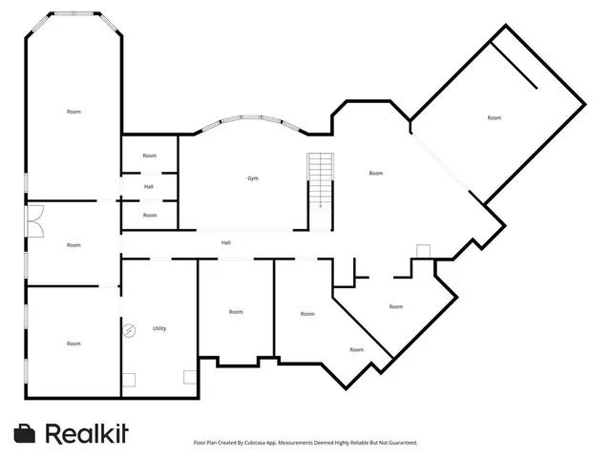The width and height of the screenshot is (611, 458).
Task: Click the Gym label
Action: coord(253,178)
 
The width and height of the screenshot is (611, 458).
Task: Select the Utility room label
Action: coord(159,328)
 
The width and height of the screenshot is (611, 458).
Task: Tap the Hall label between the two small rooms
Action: coord(149,186)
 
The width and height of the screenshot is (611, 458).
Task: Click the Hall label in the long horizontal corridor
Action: coord(225,242)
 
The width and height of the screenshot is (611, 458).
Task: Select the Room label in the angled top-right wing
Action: coord(494,117)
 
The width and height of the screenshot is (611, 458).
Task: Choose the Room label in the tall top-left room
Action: coord(74,112)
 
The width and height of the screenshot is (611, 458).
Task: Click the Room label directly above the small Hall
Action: coord(150,156)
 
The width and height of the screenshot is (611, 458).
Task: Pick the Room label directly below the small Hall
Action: coord(150,216)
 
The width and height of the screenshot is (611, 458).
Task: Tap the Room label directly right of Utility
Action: coord(236,312)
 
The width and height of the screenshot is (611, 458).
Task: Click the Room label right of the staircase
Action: coord(376,173)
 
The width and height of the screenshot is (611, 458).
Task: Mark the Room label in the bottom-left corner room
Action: coord(74,343)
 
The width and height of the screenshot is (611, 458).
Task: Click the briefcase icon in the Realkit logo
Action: coord(25,433)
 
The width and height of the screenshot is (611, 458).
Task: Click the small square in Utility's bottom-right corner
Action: coord(189,375)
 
